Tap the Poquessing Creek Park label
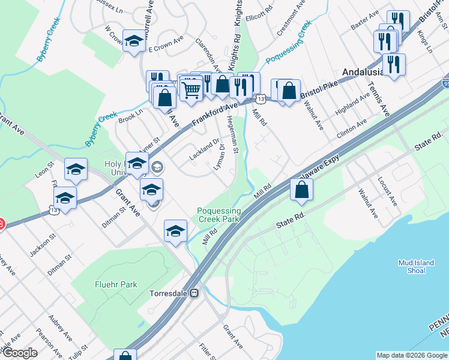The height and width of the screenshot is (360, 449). [x=219, y=215]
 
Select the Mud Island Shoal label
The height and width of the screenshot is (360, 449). [x=412, y=266]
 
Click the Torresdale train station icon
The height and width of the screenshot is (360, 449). [x=194, y=293]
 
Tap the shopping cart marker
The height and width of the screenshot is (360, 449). [x=191, y=91]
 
